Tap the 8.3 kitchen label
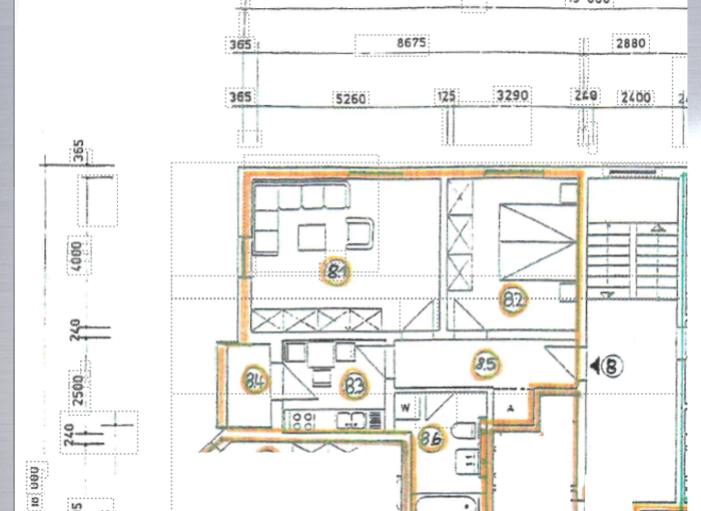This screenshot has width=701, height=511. [x=354, y=386]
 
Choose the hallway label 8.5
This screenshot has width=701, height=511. [x=486, y=366]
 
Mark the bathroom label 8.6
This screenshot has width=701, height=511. [x=431, y=439]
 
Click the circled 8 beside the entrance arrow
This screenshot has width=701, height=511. [x=612, y=366]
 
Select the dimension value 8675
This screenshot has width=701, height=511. [x=412, y=43]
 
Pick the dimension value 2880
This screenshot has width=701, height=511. [x=631, y=43]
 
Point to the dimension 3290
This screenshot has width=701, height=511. [x=512, y=95]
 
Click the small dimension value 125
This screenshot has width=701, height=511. [x=446, y=95]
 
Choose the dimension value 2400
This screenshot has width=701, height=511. [x=636, y=97]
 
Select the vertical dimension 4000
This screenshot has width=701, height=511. [x=78, y=255]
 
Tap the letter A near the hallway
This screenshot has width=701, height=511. [x=511, y=407]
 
